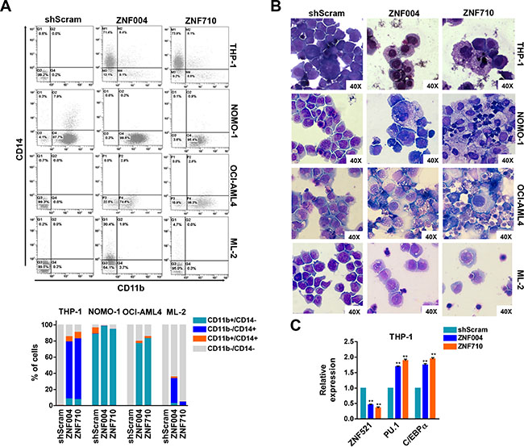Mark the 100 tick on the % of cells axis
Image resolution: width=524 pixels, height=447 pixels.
tap(58, 324)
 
